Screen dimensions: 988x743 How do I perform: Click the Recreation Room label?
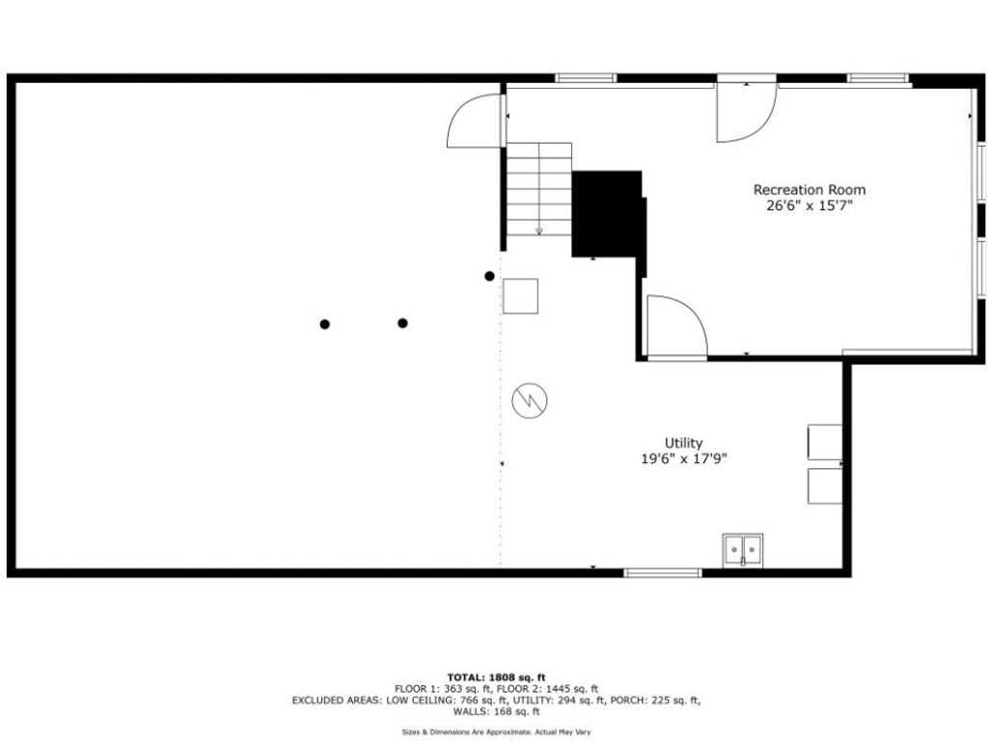810,190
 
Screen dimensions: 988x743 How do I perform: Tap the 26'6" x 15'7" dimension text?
810,206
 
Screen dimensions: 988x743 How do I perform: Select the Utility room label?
684,443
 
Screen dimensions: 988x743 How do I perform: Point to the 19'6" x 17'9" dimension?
684,458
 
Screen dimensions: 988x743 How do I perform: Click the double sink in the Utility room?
743,550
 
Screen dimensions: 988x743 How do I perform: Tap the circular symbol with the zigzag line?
530,400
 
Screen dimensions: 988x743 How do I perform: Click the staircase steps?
539,189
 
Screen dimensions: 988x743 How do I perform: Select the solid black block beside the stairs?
609,214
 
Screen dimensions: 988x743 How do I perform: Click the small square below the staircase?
520,296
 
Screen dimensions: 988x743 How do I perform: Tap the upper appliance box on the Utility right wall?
825,442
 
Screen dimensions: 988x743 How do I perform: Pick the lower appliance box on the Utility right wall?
825,486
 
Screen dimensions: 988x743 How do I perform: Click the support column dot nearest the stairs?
489,276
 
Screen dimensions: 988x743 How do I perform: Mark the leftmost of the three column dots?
324,324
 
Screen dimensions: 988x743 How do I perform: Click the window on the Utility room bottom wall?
663,573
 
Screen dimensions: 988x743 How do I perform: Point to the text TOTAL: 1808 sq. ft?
497,678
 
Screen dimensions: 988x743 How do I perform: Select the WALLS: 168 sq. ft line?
497,711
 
